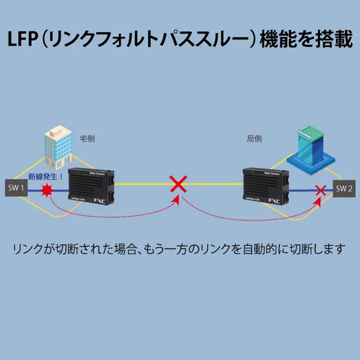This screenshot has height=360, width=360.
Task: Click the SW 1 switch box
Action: pyautogui.click(x=16, y=189)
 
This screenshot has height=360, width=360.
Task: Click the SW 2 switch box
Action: pyautogui.click(x=344, y=188)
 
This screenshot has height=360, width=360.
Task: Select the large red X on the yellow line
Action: pyautogui.click(x=178, y=184)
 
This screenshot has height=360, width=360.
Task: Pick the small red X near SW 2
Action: pyautogui.click(x=322, y=191)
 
